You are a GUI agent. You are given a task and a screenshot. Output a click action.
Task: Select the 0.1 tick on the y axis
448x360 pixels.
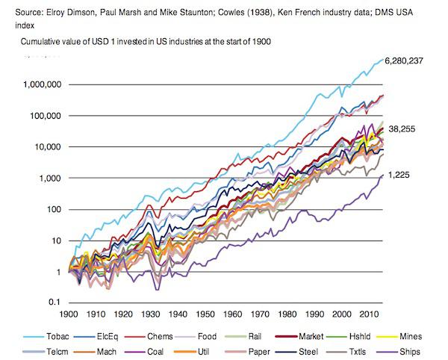tap(53, 302)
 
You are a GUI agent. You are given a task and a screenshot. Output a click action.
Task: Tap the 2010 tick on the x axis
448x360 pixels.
tap(368, 314)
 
